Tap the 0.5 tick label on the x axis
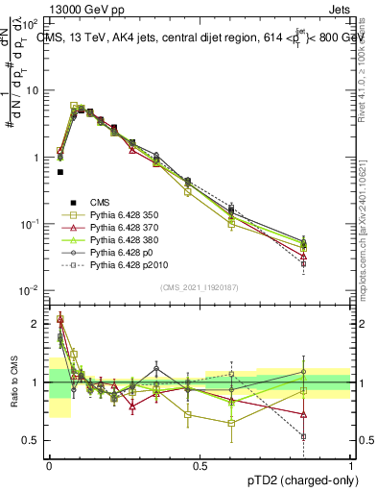tap(200, 464)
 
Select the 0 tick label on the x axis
tap(49, 464)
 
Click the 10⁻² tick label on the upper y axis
tap(31, 290)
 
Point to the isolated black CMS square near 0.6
tap(60, 172)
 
